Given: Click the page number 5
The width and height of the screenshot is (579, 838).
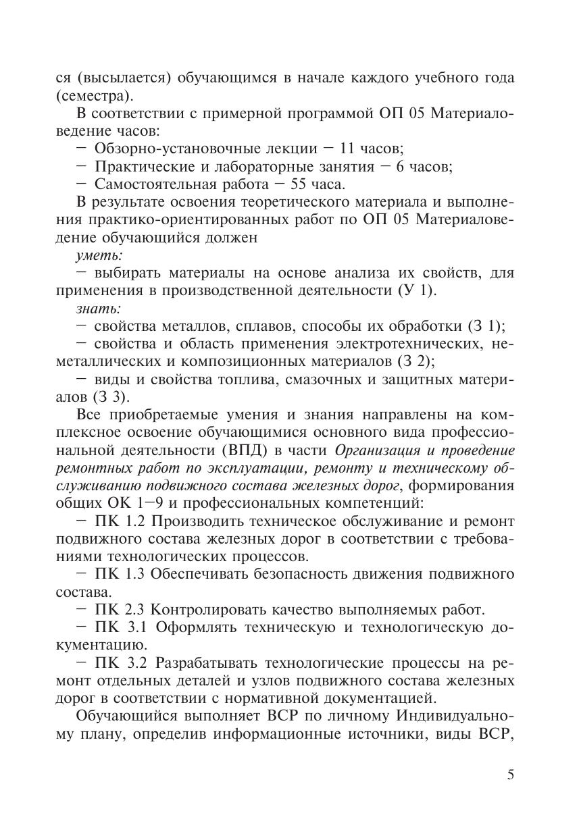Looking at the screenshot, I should tap(510, 775).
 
